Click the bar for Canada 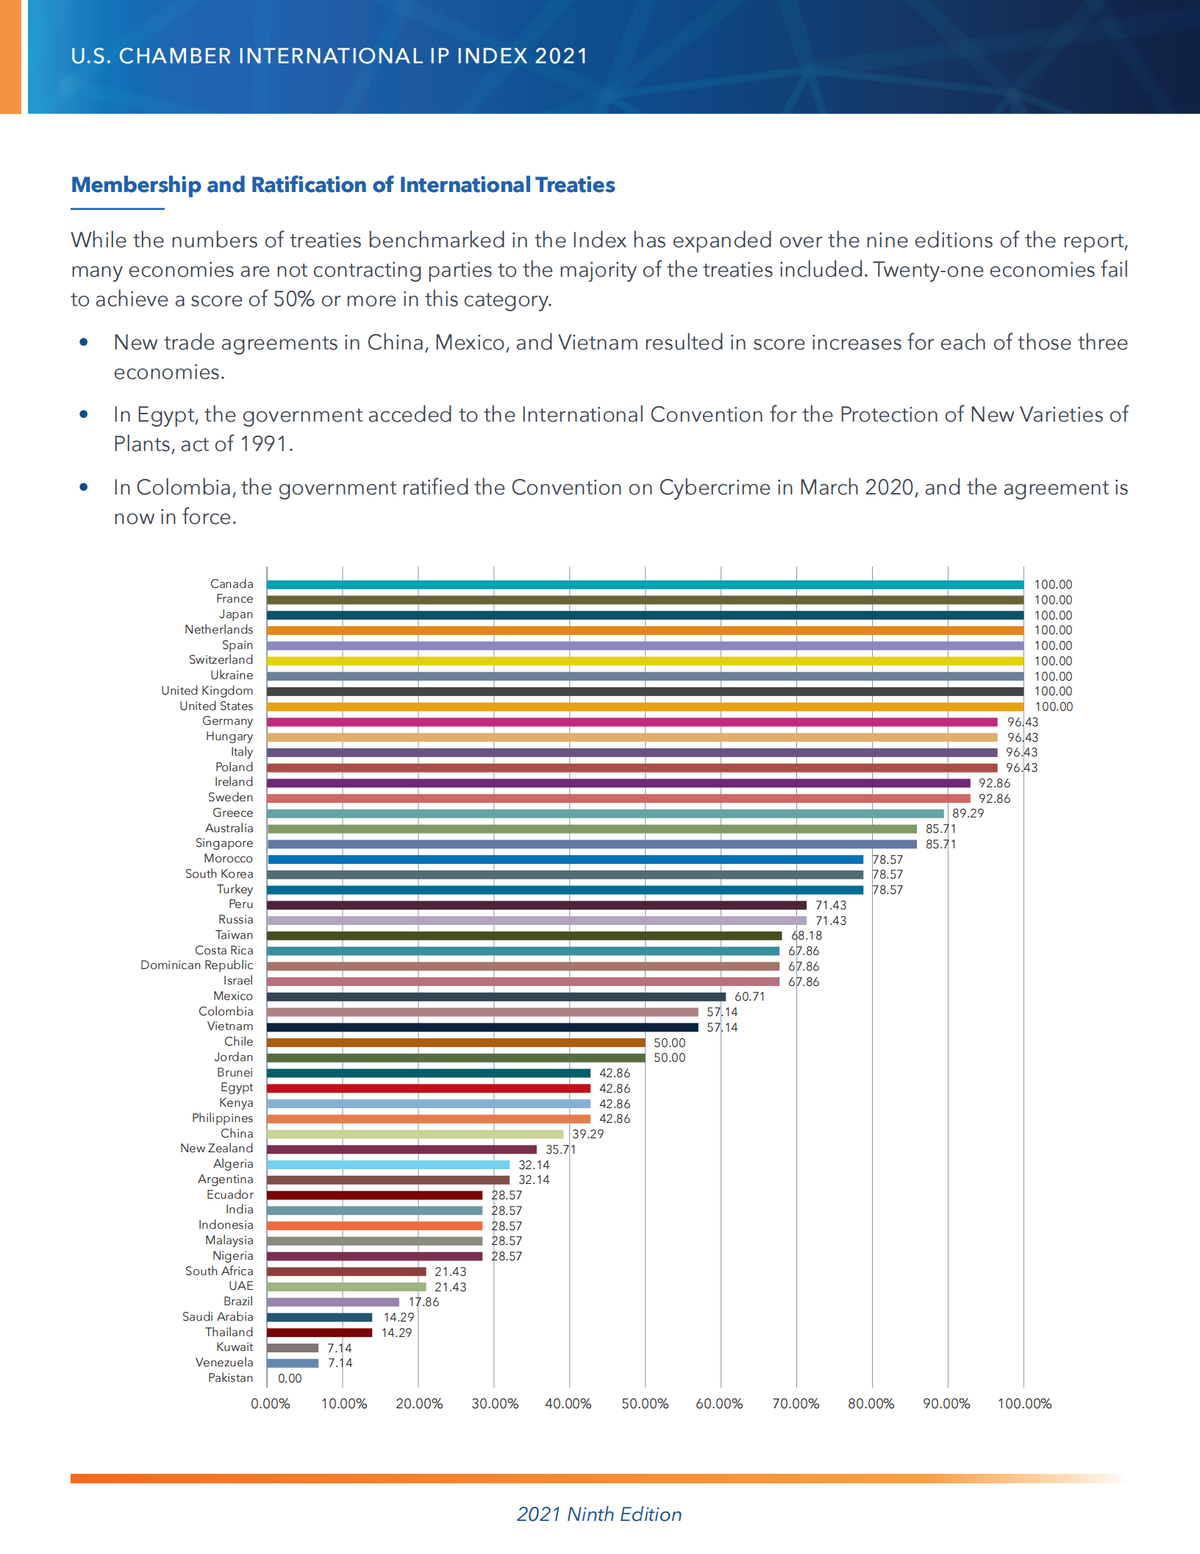(x=645, y=585)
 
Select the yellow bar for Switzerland (x=645, y=661)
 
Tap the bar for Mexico (x=496, y=997)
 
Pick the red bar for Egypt (x=429, y=1088)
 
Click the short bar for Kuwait (x=293, y=1348)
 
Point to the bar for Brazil (x=333, y=1302)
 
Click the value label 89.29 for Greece (x=968, y=814)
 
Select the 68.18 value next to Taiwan (x=807, y=936)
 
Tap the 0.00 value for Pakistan (x=290, y=1379)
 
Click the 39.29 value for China (x=588, y=1135)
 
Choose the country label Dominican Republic (x=197, y=965)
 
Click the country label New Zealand (x=217, y=1149)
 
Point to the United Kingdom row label (x=207, y=691)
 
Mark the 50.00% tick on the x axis (x=645, y=1404)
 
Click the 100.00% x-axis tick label (x=1024, y=1404)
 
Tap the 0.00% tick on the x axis (x=271, y=1404)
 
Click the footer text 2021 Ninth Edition (x=599, y=1514)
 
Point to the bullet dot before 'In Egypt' (x=84, y=414)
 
